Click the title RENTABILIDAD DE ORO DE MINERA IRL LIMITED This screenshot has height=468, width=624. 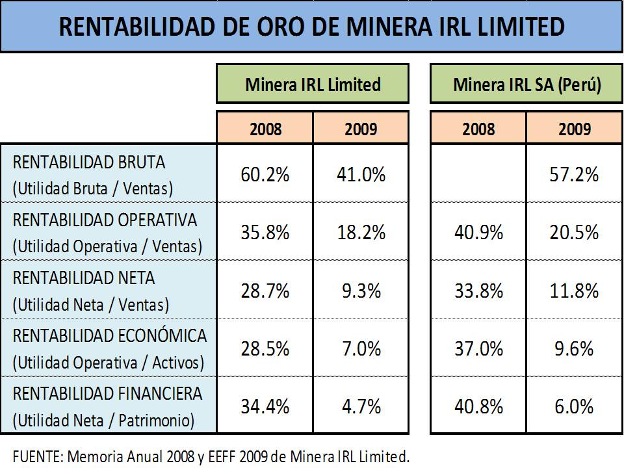pyautogui.click(x=311, y=27)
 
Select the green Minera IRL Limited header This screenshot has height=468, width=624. pyautogui.click(x=313, y=84)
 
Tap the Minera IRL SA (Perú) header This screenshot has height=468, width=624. pyautogui.click(x=526, y=84)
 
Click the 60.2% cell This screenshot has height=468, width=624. pyautogui.click(x=265, y=174)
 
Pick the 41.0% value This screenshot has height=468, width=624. pyautogui.click(x=361, y=174)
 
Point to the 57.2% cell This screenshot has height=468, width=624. pyautogui.click(x=574, y=174)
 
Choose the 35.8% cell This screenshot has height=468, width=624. pyautogui.click(x=265, y=233)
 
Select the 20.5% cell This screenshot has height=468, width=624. pyautogui.click(x=574, y=233)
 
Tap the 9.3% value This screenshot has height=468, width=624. pyautogui.click(x=361, y=291)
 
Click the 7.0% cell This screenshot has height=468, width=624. pyautogui.click(x=361, y=348)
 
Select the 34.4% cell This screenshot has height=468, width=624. pyautogui.click(x=265, y=407)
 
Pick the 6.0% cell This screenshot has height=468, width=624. pyautogui.click(x=574, y=407)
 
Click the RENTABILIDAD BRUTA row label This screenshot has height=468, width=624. pyautogui.click(x=89, y=162)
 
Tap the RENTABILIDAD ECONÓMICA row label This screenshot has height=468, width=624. pyautogui.click(x=109, y=336)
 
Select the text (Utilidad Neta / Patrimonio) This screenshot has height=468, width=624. pyautogui.click(x=103, y=421)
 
